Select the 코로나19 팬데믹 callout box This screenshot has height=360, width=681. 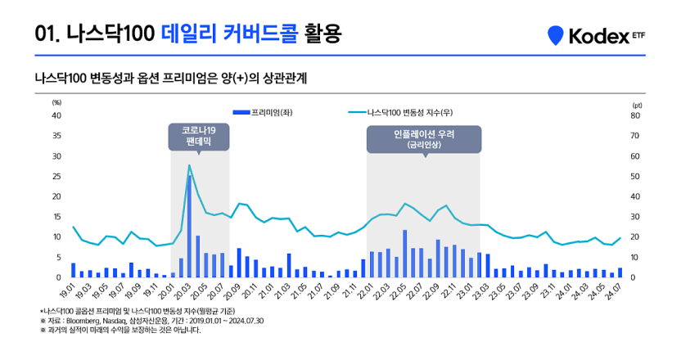click(x=199, y=137)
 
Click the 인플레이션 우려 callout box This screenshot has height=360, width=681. click(x=424, y=137)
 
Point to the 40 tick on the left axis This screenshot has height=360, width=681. click(x=56, y=115)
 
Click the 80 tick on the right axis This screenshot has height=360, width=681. click(x=635, y=115)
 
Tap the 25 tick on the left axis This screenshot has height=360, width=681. click(x=56, y=176)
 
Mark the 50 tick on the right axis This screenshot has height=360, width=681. click(x=635, y=176)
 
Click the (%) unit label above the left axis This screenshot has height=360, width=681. click(x=56, y=103)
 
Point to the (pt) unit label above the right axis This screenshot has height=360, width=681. click(x=638, y=104)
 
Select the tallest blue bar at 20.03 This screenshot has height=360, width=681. click(x=190, y=225)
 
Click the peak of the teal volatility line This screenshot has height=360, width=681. click(x=189, y=165)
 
